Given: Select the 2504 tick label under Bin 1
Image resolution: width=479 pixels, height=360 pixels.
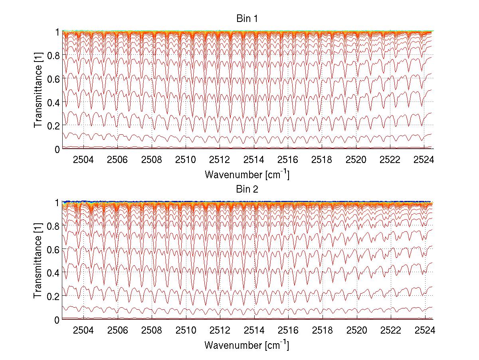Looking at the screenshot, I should click(83, 159).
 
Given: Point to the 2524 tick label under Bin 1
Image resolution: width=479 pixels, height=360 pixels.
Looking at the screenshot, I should click(425, 159).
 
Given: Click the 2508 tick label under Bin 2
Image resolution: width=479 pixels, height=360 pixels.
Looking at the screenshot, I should click(152, 330).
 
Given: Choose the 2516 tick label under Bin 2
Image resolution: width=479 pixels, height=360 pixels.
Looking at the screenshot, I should click(288, 330).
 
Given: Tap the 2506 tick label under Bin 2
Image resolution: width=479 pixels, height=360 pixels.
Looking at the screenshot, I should click(117, 330).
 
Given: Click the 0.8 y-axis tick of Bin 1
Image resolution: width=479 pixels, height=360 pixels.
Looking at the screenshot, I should click(54, 55).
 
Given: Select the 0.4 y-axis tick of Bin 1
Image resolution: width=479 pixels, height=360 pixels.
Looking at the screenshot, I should click(54, 102).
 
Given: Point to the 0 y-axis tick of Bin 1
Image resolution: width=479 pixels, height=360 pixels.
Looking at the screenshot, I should click(57, 149).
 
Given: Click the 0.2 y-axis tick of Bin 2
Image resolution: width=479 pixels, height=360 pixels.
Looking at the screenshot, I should click(54, 296).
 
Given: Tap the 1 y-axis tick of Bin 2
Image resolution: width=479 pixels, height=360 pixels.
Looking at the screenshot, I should click(57, 203).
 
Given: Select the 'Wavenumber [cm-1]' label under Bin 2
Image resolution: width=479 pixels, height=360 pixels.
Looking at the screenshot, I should click(247, 345).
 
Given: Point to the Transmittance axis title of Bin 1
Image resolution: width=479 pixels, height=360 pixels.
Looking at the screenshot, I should click(38, 90).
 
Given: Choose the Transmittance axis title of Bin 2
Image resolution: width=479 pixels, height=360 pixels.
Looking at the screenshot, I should click(38, 261).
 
